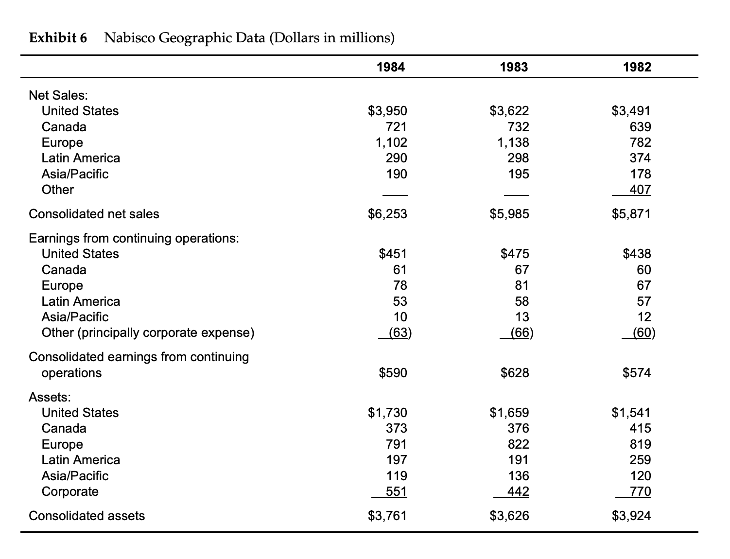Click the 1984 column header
click(391, 67)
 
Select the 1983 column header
click(514, 67)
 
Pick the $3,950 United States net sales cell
click(387, 111)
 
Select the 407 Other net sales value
click(640, 190)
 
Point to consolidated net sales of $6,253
click(387, 214)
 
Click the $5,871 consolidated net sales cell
click(631, 214)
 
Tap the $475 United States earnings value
click(515, 254)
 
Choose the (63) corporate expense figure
click(400, 333)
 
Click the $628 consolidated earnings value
click(515, 373)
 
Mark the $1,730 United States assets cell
click(387, 413)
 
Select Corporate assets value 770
click(640, 491)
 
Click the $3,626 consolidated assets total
click(509, 516)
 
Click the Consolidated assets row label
click(87, 516)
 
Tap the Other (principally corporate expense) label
click(148, 333)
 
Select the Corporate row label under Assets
click(70, 491)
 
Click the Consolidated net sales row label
click(94, 214)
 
